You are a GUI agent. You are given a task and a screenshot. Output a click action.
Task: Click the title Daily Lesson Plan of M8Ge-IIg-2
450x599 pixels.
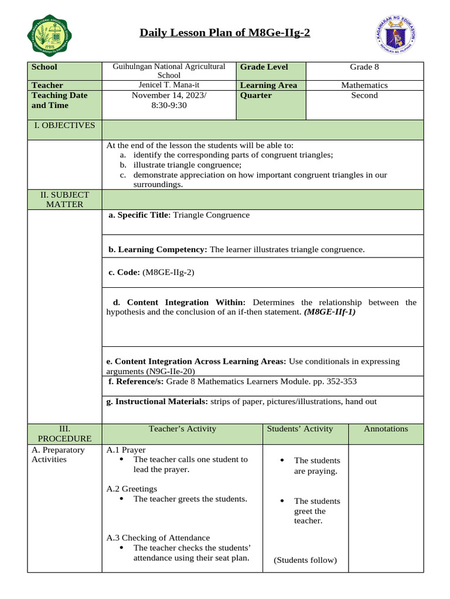point(225,33)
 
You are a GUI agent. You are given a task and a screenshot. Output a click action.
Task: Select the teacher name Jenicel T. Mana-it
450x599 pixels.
point(169,85)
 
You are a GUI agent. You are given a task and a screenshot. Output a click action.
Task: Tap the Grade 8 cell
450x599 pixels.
point(364,67)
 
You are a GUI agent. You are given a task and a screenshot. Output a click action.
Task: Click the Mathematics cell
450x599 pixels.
point(364,85)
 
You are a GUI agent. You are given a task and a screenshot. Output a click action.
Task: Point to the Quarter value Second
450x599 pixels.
point(364,95)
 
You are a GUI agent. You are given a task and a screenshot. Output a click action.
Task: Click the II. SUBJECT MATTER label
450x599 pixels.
point(64,199)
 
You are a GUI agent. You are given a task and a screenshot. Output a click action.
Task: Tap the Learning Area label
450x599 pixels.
point(268,85)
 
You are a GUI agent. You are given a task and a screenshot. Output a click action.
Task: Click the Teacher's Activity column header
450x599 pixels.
point(182,429)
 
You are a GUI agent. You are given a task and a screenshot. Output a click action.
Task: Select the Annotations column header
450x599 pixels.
point(386,429)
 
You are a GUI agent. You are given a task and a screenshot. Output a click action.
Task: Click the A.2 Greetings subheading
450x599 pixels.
point(132,488)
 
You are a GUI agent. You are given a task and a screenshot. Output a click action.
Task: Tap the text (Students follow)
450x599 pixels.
point(305,560)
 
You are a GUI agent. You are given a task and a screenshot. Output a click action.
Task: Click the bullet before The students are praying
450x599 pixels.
point(282,461)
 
